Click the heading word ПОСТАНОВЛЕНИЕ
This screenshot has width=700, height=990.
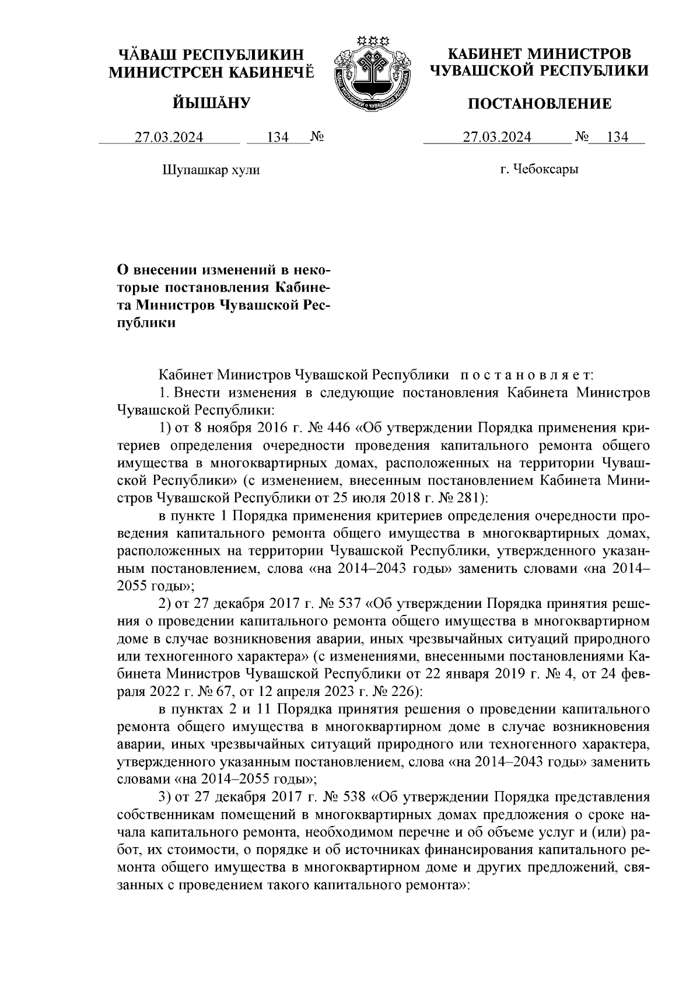pyautogui.click(x=540, y=104)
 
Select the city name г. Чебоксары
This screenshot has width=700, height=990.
pyautogui.click(x=539, y=170)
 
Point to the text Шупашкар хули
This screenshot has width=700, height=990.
pyautogui.click(x=210, y=170)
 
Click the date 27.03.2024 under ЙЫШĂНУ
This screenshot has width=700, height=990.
pyautogui.click(x=169, y=138)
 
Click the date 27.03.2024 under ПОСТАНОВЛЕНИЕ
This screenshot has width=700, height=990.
pyautogui.click(x=497, y=138)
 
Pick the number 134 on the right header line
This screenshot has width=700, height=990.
pyautogui.click(x=617, y=138)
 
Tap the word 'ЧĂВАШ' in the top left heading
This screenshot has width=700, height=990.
pyautogui.click(x=147, y=55)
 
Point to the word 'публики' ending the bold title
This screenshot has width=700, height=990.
pyautogui.click(x=146, y=323)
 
